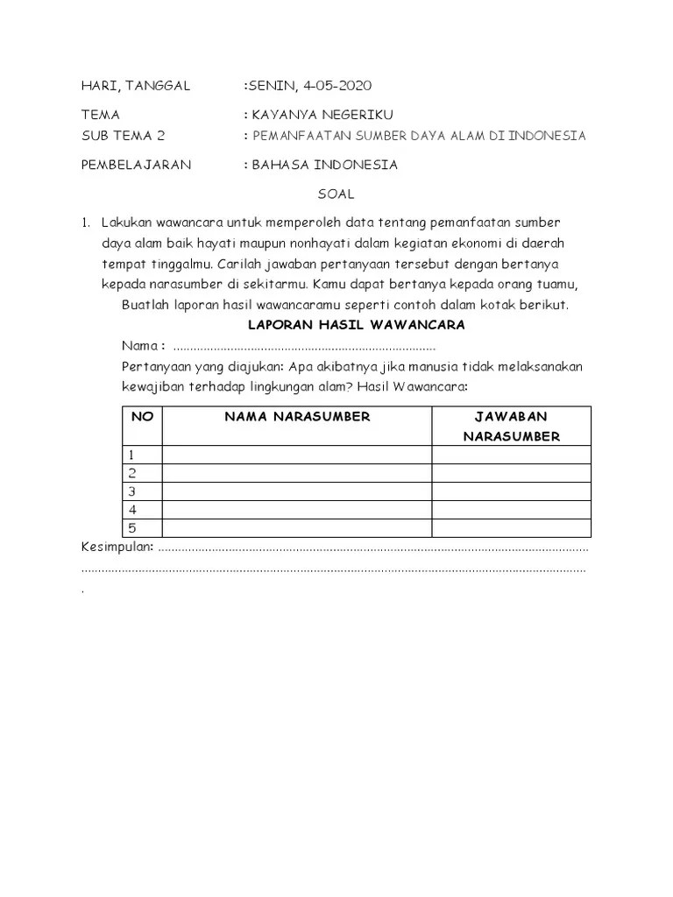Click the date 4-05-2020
pyautogui.click(x=336, y=85)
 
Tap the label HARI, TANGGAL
pyautogui.click(x=135, y=85)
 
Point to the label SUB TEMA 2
pyautogui.click(x=123, y=136)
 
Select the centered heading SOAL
pyautogui.click(x=336, y=194)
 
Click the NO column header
pyautogui.click(x=142, y=417)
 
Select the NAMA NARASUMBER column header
pyautogui.click(x=297, y=417)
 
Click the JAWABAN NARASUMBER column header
pyautogui.click(x=511, y=427)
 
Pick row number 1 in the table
pyautogui.click(x=132, y=455)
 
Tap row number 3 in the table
pyautogui.click(x=132, y=491)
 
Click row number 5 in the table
pyautogui.click(x=132, y=527)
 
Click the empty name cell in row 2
pyautogui.click(x=297, y=473)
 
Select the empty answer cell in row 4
pyautogui.click(x=511, y=510)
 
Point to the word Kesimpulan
pyautogui.click(x=117, y=547)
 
